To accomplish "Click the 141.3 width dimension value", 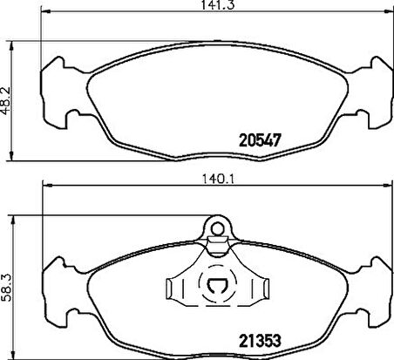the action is (x=215, y=5).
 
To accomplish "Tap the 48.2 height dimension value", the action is (x=6, y=100).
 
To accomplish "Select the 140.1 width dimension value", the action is (x=218, y=179).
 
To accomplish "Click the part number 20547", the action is (x=261, y=140).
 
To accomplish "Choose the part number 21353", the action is (x=261, y=341).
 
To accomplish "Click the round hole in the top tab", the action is (x=217, y=229).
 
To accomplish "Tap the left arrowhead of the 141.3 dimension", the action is (x=45, y=11).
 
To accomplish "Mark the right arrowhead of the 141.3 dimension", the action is (x=389, y=11).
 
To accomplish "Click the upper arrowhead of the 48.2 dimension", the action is (x=11, y=46).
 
